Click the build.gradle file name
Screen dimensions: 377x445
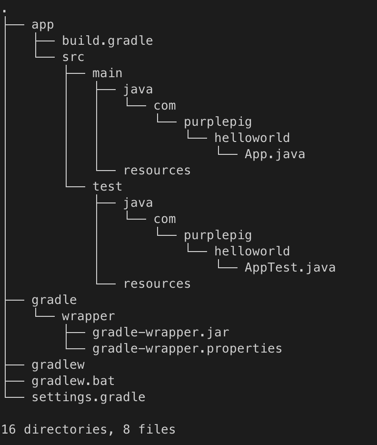108,41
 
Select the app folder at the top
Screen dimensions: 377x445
42,25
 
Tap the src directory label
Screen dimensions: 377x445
73,57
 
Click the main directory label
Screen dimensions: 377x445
108,73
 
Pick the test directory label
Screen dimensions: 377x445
108,186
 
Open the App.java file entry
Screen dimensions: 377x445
275,154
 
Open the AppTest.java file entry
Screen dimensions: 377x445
290,268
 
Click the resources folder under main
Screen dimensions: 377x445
157,171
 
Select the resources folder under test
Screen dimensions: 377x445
157,284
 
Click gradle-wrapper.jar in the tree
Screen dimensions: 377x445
161,333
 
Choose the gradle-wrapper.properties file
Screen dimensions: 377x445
187,349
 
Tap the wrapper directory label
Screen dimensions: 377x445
89,317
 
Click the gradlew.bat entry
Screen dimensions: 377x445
73,381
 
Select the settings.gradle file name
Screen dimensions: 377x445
89,397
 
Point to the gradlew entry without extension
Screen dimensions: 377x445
58,365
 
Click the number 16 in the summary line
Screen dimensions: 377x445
9,429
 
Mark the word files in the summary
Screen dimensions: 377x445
157,429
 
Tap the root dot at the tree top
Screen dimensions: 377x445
4,11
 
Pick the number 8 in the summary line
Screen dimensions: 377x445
127,429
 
